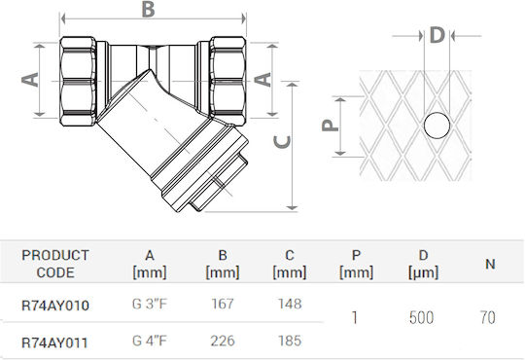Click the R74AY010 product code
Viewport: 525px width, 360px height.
(55, 306)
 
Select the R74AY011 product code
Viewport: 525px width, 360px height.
(54, 342)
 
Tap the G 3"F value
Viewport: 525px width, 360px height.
(150, 304)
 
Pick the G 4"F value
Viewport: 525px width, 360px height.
(150, 341)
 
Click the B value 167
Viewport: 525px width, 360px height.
(223, 304)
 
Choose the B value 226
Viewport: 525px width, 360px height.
(223, 341)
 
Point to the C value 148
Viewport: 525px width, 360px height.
(290, 304)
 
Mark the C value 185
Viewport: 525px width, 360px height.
(290, 341)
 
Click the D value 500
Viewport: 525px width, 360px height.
(421, 317)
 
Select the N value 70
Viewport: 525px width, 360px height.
(488, 317)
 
